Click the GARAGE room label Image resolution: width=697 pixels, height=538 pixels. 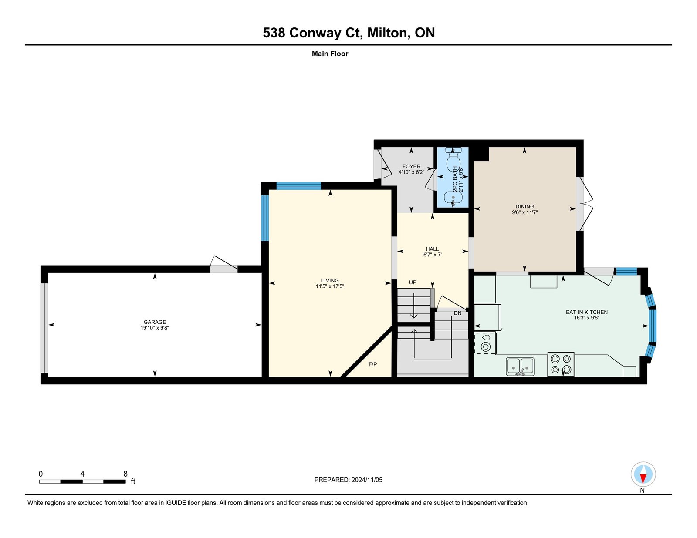(155, 322)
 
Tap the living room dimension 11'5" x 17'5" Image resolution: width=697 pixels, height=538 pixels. (330, 286)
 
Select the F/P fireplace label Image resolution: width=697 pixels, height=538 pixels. (372, 364)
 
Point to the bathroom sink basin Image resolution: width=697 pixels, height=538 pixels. (453, 198)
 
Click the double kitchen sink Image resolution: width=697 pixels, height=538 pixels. (520, 367)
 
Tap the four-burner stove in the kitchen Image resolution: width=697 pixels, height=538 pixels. (561, 364)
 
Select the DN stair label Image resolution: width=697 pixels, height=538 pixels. (458, 313)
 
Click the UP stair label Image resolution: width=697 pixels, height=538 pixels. (413, 282)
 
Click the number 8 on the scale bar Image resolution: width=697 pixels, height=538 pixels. (125, 474)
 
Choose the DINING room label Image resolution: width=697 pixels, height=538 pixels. (525, 207)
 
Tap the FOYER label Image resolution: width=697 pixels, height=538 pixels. (411, 166)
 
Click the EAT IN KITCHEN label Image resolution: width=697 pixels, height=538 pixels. (587, 312)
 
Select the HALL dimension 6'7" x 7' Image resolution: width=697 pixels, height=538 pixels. (433, 255)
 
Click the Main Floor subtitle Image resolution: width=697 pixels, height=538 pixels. (330, 54)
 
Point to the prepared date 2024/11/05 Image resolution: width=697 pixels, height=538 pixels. (367, 480)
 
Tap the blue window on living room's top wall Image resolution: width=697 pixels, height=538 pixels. (299, 186)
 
